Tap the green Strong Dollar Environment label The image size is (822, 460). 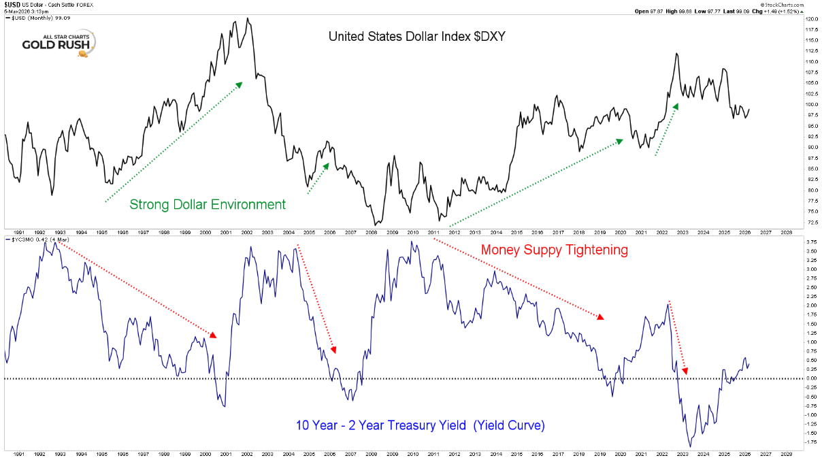click(x=208, y=204)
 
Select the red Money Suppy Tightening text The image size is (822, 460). click(x=554, y=250)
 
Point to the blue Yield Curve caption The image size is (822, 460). click(x=420, y=425)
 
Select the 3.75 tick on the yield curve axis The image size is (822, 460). click(x=811, y=242)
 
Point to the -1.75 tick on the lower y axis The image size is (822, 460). click(x=811, y=442)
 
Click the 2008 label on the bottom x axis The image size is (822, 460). click(x=372, y=454)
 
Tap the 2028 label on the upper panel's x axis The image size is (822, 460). click(x=786, y=231)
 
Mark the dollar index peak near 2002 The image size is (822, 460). click(x=246, y=18)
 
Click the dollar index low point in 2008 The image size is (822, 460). click(x=375, y=225)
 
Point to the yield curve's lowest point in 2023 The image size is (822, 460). click(x=690, y=446)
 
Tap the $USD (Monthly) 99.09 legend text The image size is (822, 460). click(x=40, y=18)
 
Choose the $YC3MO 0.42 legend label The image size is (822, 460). click(x=38, y=240)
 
